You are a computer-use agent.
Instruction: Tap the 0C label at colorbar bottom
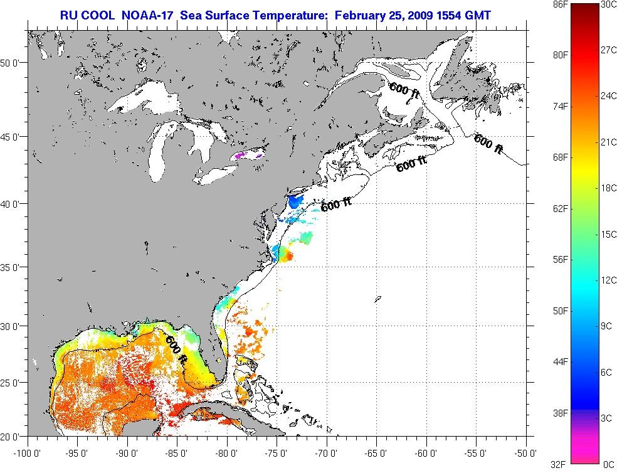coord(608,464)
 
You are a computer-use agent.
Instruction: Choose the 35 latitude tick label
coord(13,267)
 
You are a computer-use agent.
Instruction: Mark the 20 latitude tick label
coord(13,436)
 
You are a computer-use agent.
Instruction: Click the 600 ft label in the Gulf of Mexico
coord(177,349)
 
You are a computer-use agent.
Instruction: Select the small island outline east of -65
coord(377,300)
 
